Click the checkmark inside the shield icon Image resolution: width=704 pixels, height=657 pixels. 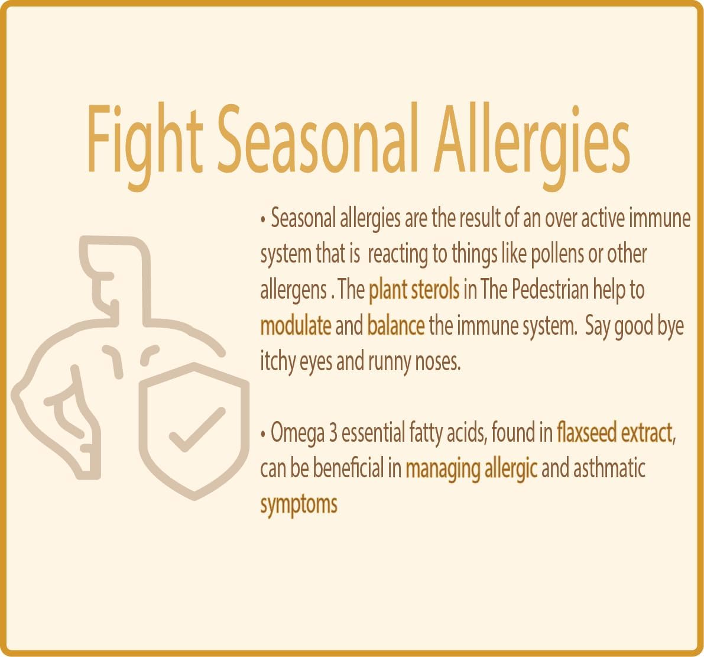(x=196, y=429)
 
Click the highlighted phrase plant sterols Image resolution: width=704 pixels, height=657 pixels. (x=414, y=290)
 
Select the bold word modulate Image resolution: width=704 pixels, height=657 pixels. (x=296, y=326)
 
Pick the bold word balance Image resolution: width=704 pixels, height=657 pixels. (x=395, y=326)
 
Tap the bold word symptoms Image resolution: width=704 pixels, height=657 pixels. (x=299, y=505)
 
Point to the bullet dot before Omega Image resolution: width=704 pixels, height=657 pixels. (x=263, y=435)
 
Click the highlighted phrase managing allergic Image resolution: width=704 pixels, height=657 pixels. (x=471, y=470)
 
